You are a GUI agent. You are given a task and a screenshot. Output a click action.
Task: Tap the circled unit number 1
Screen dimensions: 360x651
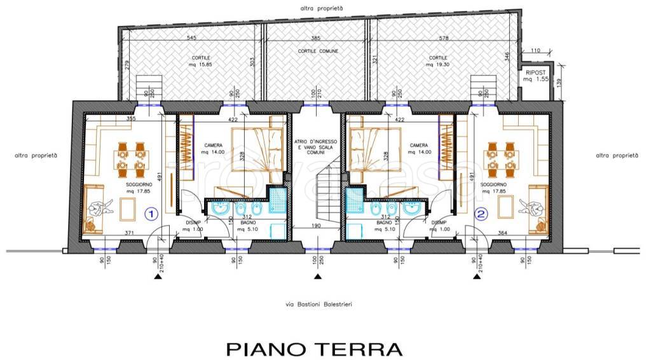(151, 214)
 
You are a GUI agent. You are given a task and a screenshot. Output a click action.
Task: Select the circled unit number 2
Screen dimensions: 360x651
(481, 214)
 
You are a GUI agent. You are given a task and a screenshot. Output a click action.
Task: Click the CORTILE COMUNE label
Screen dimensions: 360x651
(318, 51)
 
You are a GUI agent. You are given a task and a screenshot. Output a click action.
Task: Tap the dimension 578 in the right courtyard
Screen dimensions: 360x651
(444, 38)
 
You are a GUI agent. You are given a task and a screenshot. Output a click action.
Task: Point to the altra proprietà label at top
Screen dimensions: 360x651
(322, 8)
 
